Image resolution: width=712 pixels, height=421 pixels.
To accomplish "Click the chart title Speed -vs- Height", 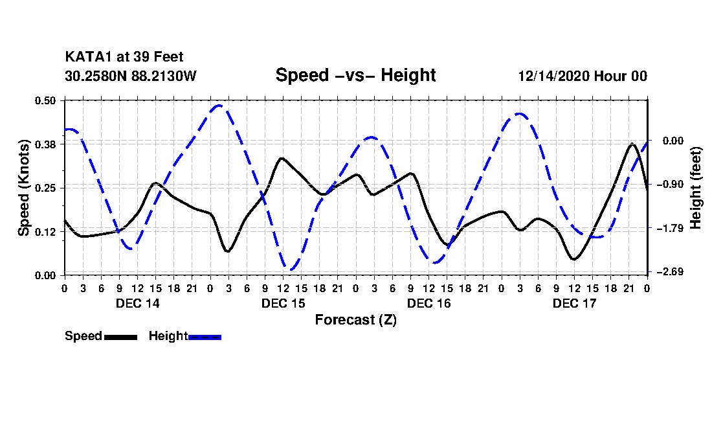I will pyautogui.click(x=355, y=75).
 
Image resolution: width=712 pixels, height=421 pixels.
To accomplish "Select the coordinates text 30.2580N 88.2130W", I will pyautogui.click(x=130, y=76).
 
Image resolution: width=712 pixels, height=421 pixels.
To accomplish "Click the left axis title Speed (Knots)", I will pyautogui.click(x=24, y=187).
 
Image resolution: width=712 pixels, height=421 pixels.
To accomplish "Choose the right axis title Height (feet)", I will pyautogui.click(x=696, y=187).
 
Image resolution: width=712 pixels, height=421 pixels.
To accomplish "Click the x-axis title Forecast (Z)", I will pyautogui.click(x=355, y=320).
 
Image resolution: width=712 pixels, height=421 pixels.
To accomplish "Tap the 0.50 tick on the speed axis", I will pyautogui.click(x=46, y=100).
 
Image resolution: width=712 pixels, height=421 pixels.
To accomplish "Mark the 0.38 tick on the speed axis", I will pyautogui.click(x=46, y=144).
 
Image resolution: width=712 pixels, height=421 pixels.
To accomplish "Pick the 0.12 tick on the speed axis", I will pyautogui.click(x=46, y=231).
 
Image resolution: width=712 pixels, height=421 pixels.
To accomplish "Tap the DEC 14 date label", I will pyautogui.click(x=137, y=303).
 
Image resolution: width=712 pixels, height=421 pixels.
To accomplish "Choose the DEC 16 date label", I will pyautogui.click(x=428, y=303).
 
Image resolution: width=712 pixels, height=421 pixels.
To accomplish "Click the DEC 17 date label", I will pyautogui.click(x=574, y=303).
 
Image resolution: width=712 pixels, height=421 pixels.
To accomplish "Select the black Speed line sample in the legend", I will pyautogui.click(x=120, y=337).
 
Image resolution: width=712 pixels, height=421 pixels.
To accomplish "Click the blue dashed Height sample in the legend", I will pyautogui.click(x=205, y=337).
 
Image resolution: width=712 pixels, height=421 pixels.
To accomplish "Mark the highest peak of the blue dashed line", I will pyautogui.click(x=219, y=105).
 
